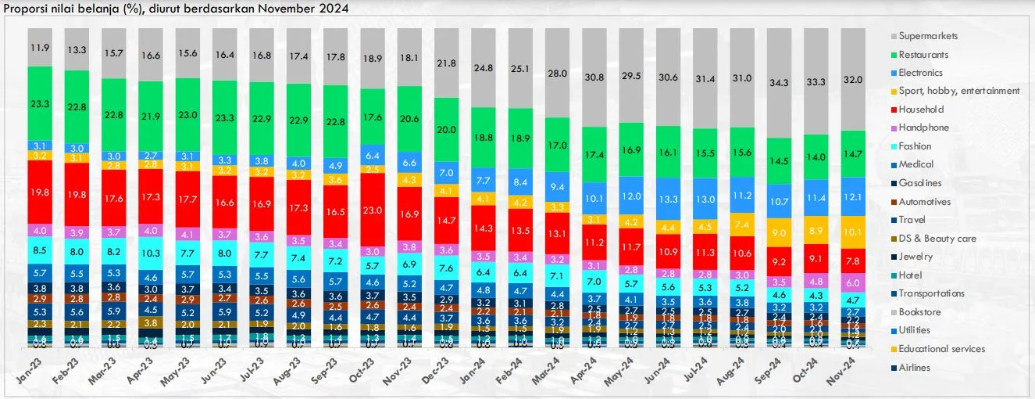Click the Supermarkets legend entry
[x=928, y=36]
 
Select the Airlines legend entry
[x=914, y=368]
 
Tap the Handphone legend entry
[x=923, y=128]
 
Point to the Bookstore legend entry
[x=919, y=312]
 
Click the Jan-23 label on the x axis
[x=30, y=371]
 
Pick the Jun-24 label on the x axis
[x=670, y=371]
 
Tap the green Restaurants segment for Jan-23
[x=40, y=103]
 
